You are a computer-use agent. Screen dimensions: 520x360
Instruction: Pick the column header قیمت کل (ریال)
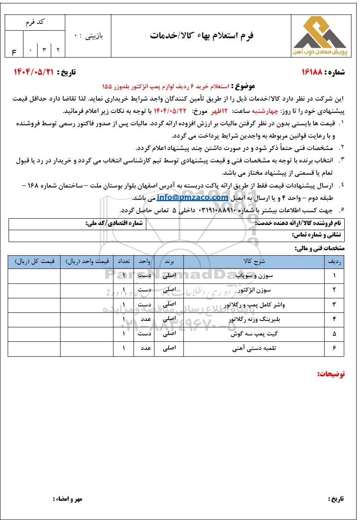[35, 261]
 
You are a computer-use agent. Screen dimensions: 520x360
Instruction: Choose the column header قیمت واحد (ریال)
[87, 261]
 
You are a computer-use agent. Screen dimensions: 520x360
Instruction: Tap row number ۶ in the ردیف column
[334, 348]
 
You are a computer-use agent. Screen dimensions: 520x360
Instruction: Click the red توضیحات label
[331, 374]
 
